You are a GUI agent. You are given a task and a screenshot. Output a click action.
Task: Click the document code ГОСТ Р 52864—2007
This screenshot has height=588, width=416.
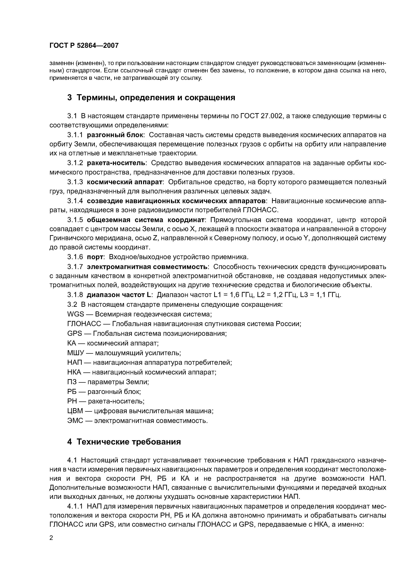point(84,46)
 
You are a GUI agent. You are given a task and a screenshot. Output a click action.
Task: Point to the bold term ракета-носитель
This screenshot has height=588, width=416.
point(116,163)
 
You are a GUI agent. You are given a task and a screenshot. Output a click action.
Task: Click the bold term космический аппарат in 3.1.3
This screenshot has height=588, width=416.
point(125,182)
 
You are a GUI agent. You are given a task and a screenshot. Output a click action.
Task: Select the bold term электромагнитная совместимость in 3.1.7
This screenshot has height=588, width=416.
point(147,267)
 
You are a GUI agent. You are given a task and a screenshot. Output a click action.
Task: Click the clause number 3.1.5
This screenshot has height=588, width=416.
point(75,220)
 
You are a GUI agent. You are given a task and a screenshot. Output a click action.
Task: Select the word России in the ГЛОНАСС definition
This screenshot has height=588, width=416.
point(288,324)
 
